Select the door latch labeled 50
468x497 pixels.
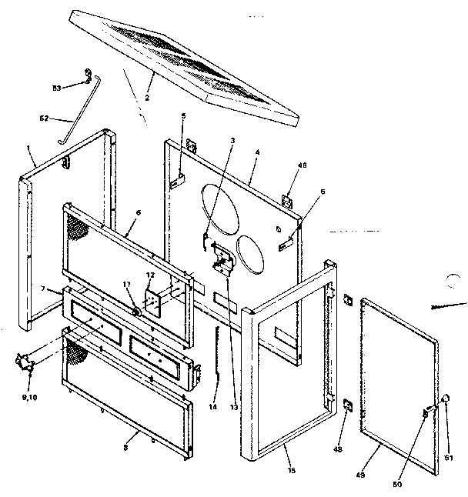tap(425, 414)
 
